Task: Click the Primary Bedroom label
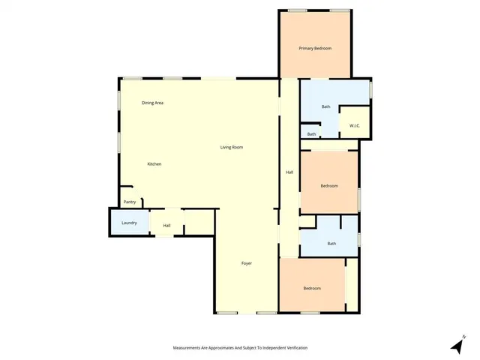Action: click(x=315, y=49)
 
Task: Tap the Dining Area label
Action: click(x=153, y=103)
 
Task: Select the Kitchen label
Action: click(x=154, y=164)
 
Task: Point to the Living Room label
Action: click(x=231, y=147)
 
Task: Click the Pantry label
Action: click(x=130, y=202)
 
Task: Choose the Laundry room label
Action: click(x=129, y=223)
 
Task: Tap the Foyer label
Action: click(x=246, y=263)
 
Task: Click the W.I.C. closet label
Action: click(x=355, y=125)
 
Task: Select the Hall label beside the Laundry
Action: click(x=166, y=226)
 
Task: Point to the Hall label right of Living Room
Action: click(x=289, y=172)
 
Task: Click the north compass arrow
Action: click(x=456, y=345)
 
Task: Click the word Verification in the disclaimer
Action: click(x=293, y=348)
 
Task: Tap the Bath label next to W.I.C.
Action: click(x=325, y=106)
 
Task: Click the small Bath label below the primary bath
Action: click(x=311, y=134)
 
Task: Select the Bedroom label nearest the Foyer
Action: click(x=312, y=289)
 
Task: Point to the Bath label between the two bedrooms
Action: click(x=331, y=244)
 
